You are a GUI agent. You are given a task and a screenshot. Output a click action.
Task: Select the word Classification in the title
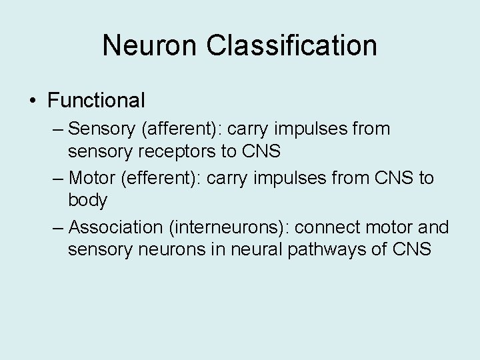click(292, 45)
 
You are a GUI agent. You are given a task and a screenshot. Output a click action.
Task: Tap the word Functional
click(96, 101)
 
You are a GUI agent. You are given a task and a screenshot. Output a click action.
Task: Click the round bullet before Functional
click(32, 101)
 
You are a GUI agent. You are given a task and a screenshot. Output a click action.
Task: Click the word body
click(87, 200)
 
